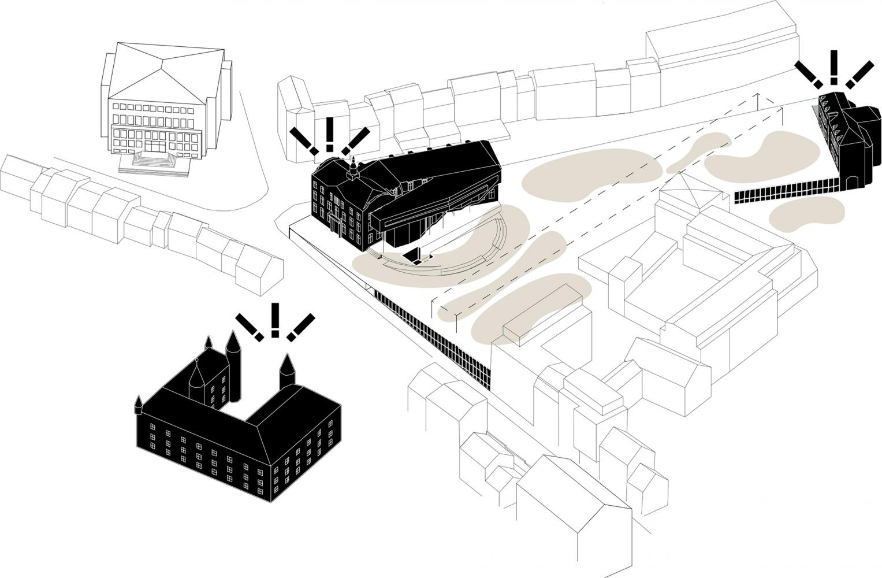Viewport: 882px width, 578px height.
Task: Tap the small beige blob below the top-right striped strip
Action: tap(803, 214)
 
